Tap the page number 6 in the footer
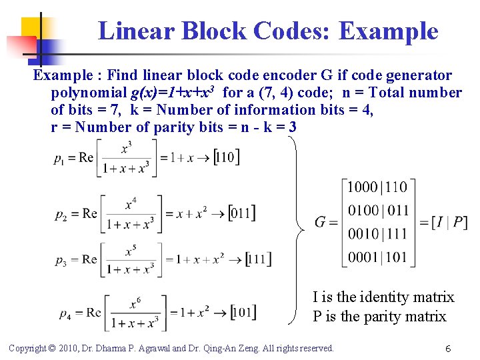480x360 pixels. pyautogui.click(x=449, y=349)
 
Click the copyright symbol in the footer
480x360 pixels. pyautogui.click(x=53, y=348)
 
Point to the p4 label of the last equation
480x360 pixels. pyautogui.click(x=65, y=314)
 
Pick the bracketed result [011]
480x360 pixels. pyautogui.click(x=241, y=213)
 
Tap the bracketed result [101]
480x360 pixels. pyautogui.click(x=243, y=312)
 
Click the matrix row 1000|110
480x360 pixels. pyautogui.click(x=378, y=188)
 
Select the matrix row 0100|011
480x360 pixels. pyautogui.click(x=378, y=211)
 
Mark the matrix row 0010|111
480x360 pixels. pyautogui.click(x=378, y=234)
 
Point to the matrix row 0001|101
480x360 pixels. pyautogui.click(x=378, y=257)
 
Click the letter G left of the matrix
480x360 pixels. pyautogui.click(x=322, y=222)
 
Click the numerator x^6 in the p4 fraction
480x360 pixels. pyautogui.click(x=135, y=305)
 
